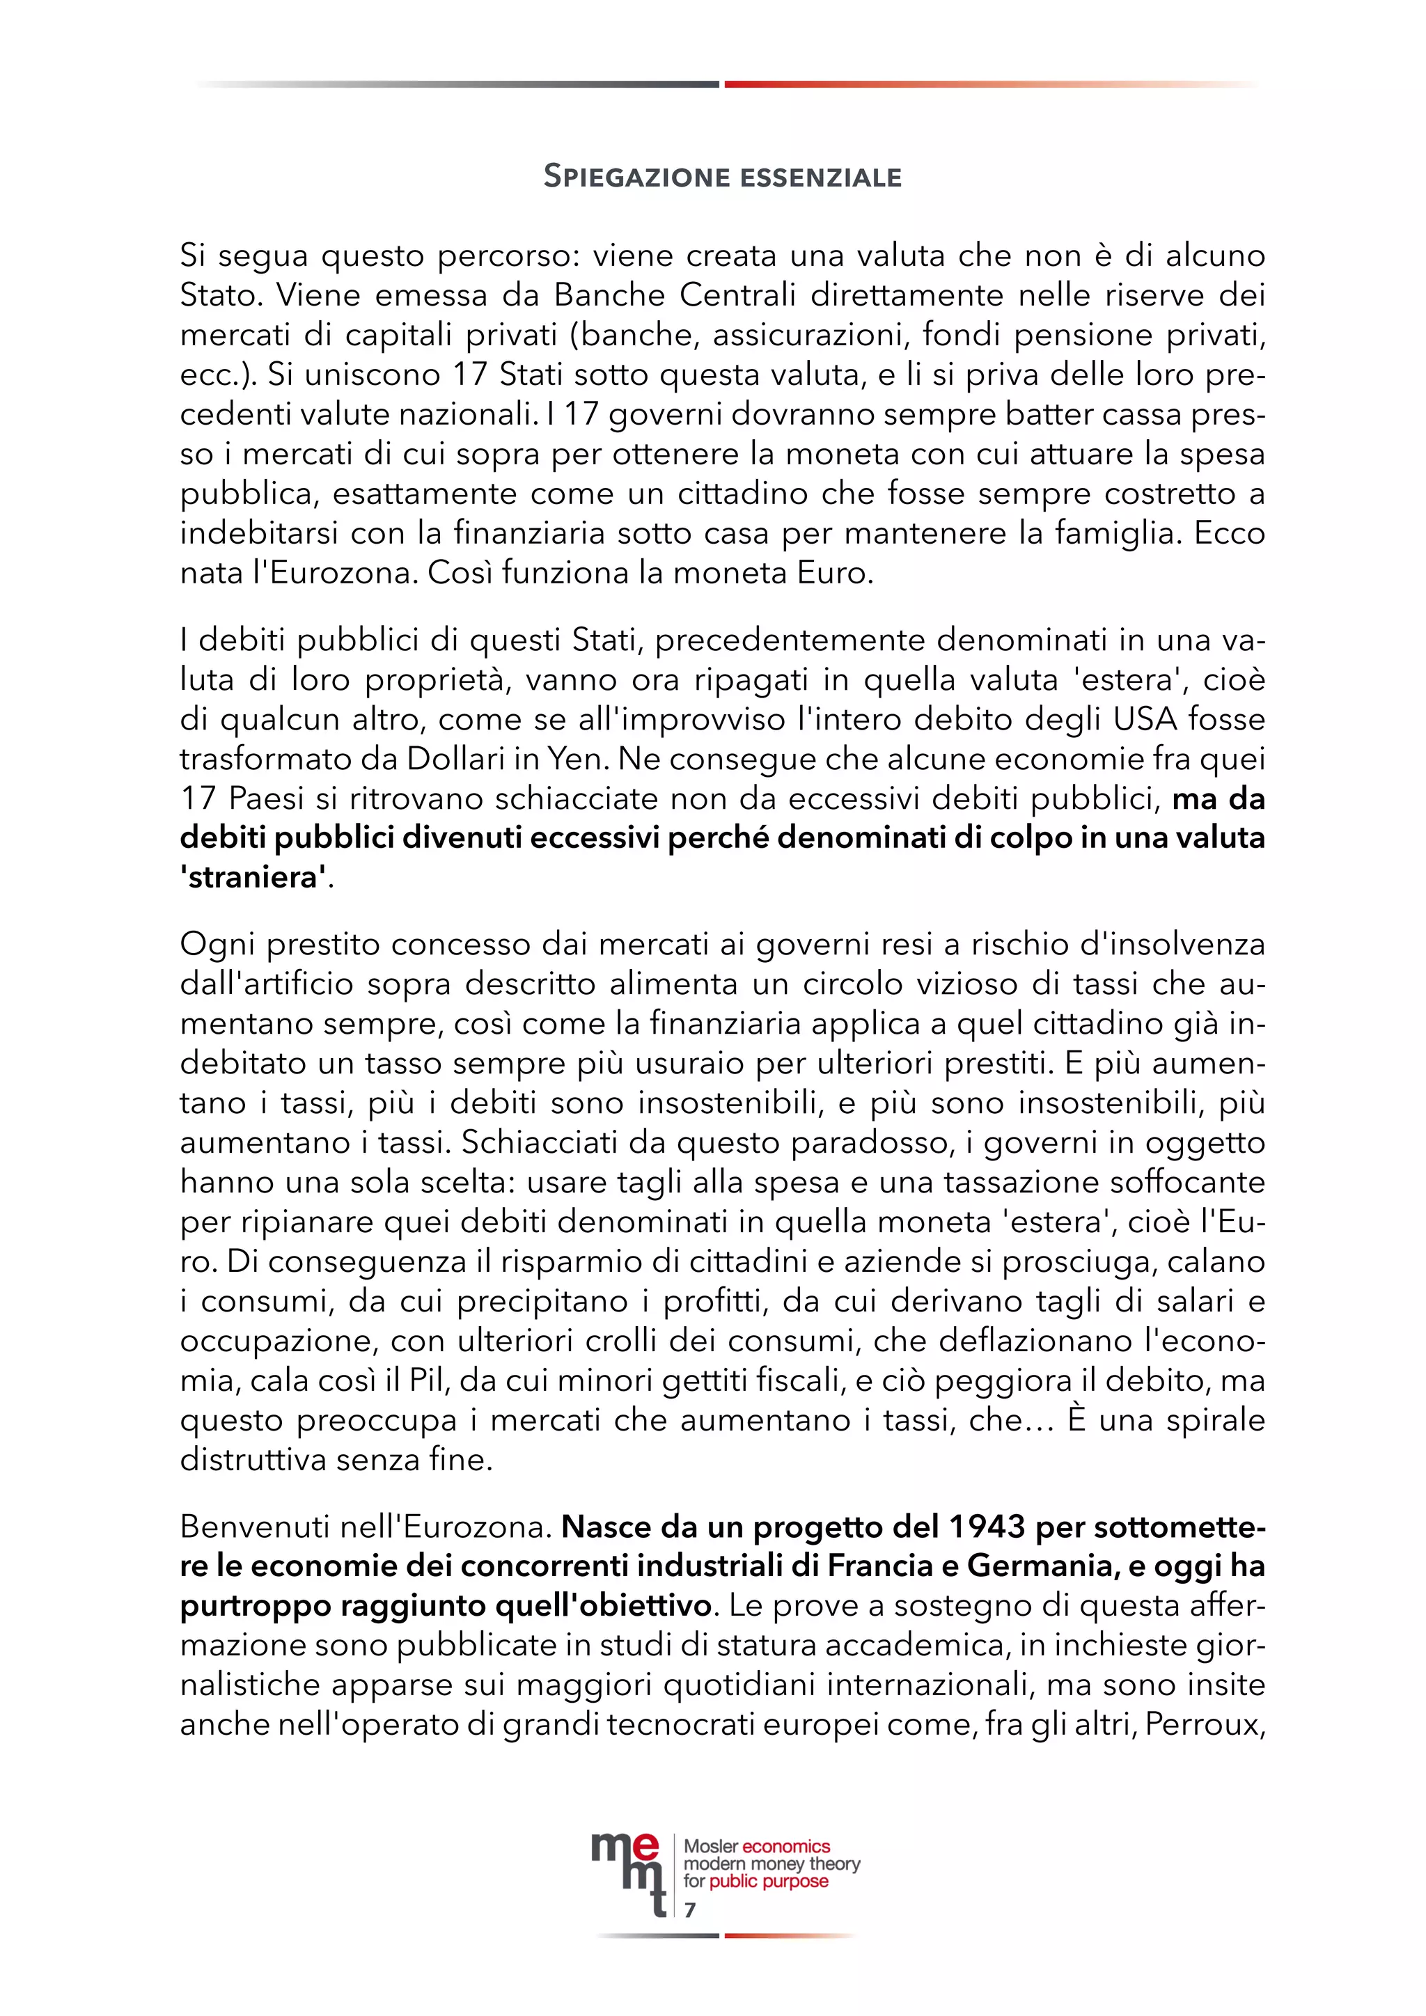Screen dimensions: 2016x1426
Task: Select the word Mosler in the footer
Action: coord(711,1847)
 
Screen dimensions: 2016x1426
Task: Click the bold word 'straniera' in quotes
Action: coord(253,878)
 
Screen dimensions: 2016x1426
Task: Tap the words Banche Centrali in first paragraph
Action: coord(675,295)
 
